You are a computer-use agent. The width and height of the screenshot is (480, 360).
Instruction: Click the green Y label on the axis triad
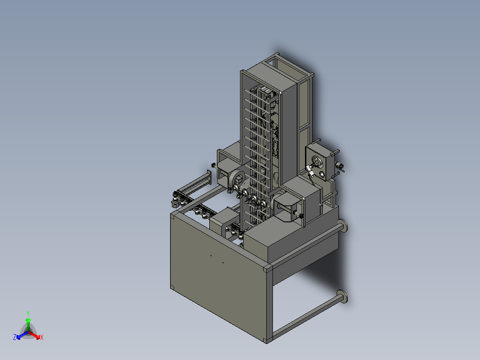(x=28, y=313)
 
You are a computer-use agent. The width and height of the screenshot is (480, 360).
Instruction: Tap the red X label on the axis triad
(x=42, y=337)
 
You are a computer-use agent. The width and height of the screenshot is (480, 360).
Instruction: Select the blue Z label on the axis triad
(x=15, y=337)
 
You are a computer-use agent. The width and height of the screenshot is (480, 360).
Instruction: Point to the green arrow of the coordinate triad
(x=28, y=324)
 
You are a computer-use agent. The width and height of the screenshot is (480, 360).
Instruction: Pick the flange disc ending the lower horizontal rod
(x=343, y=297)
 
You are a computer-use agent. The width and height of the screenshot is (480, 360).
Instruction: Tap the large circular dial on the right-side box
(x=316, y=160)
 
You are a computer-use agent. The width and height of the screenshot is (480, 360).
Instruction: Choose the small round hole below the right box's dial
(x=322, y=175)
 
